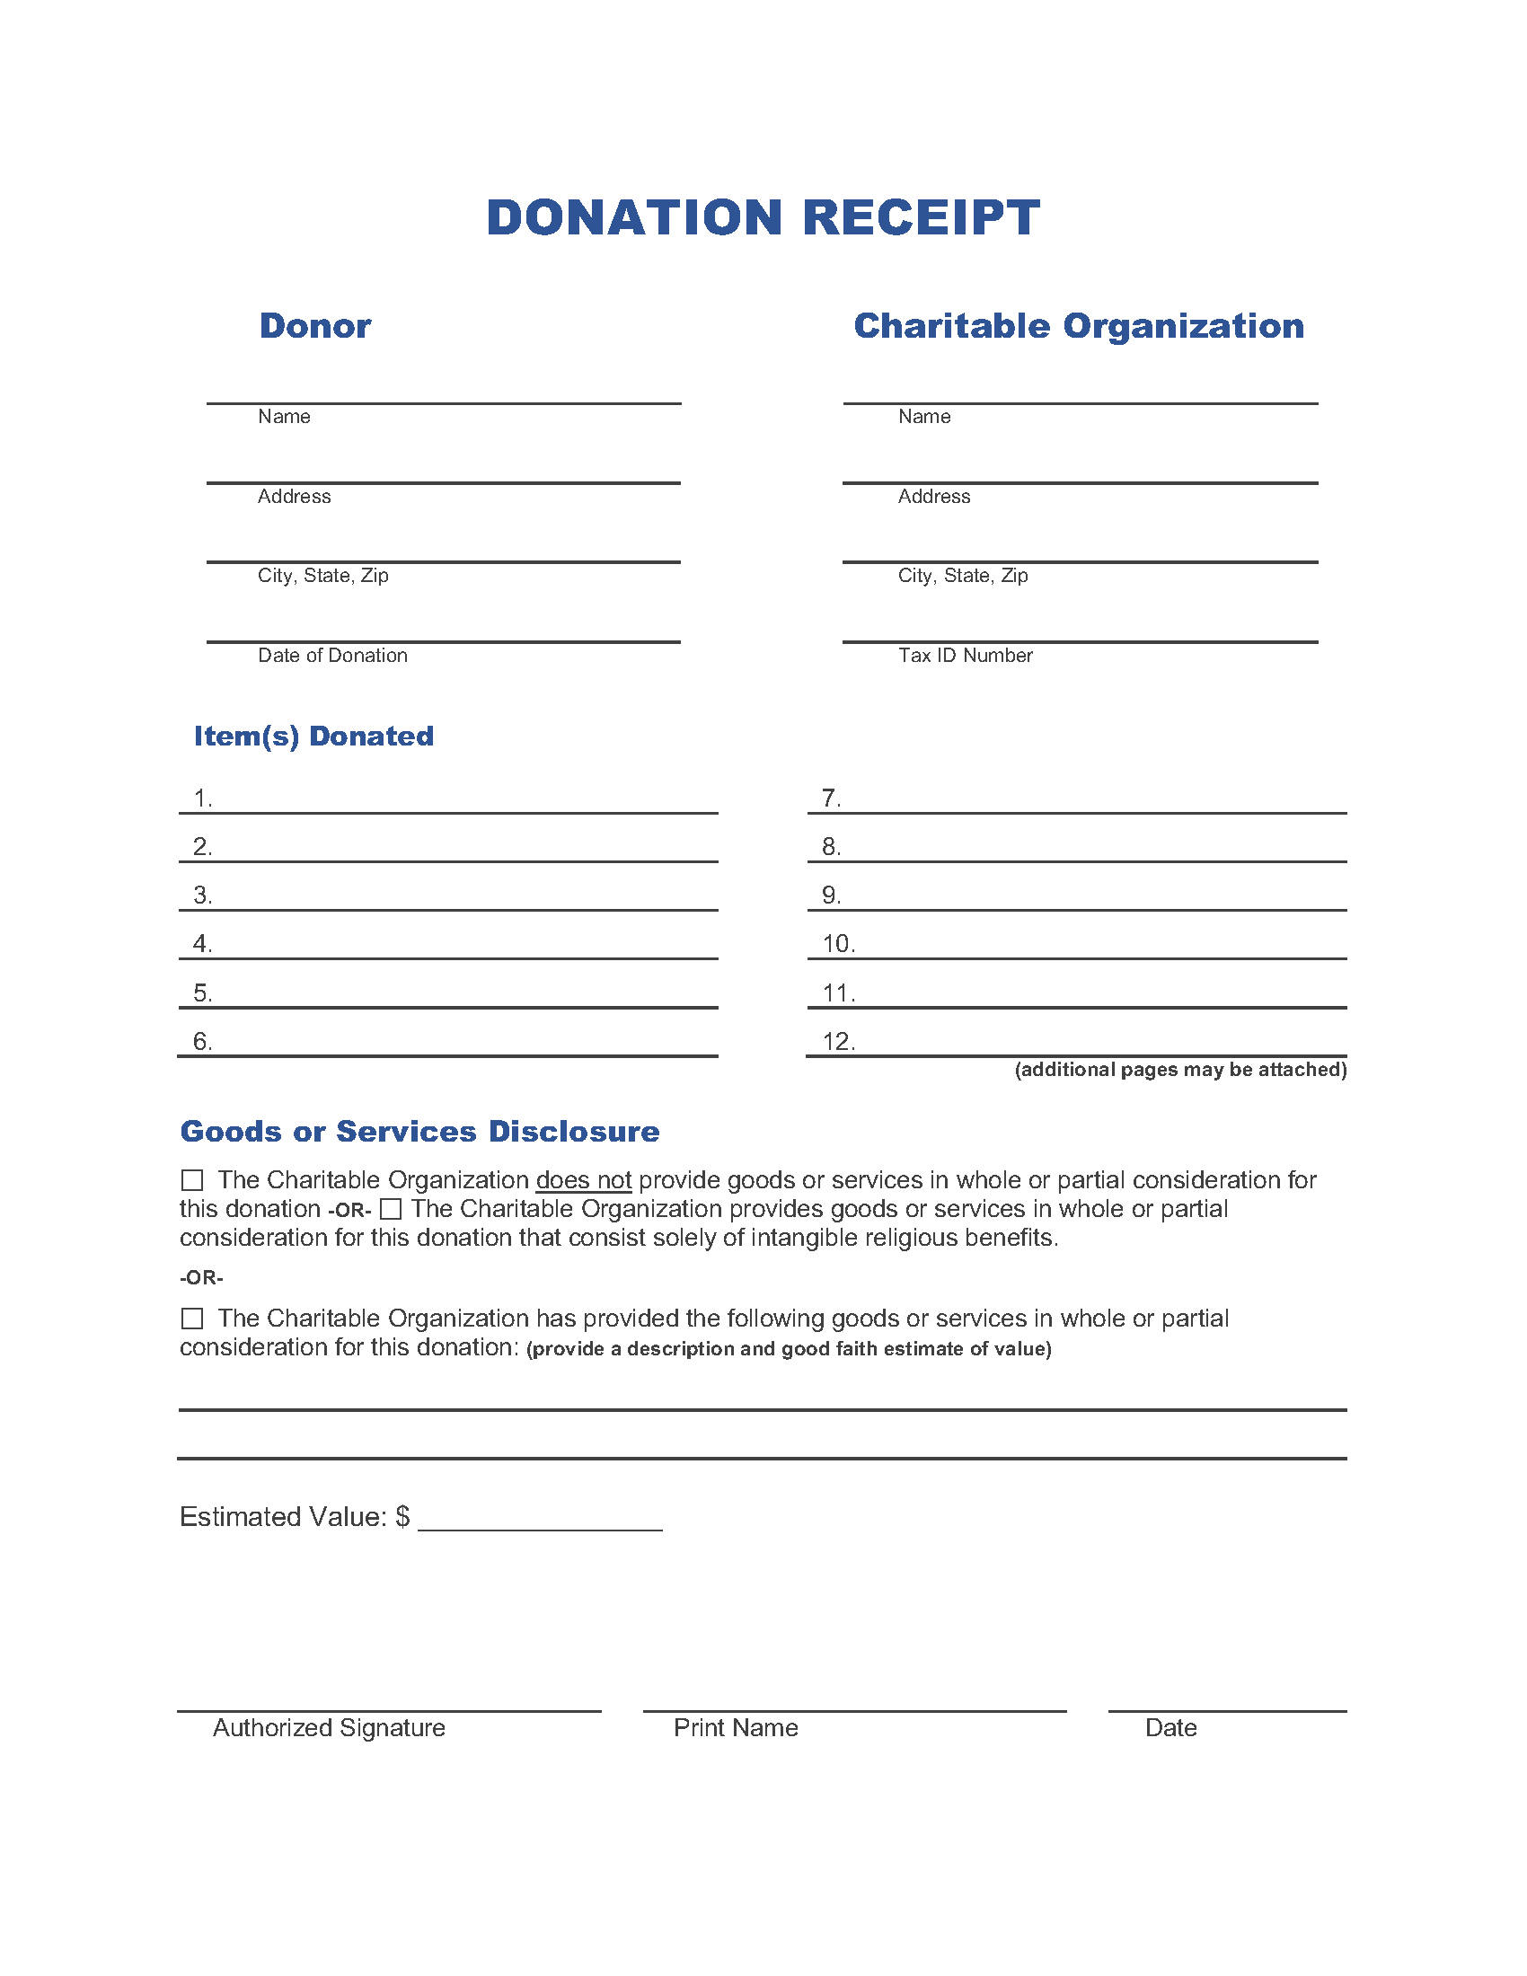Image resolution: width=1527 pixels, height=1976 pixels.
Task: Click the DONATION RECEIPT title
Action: click(x=763, y=218)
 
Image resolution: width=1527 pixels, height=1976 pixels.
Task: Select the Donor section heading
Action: click(x=314, y=326)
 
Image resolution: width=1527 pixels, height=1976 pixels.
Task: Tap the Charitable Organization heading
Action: click(x=1078, y=326)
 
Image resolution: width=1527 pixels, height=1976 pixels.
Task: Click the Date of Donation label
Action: click(x=332, y=655)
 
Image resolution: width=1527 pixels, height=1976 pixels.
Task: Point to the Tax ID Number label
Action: click(x=965, y=655)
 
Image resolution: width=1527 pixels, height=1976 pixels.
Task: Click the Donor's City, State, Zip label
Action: click(x=323, y=576)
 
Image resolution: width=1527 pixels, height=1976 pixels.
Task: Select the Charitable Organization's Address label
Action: click(x=933, y=496)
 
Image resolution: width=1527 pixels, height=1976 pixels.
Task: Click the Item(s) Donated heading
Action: click(x=313, y=736)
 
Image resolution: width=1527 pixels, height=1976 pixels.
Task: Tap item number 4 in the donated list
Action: click(x=203, y=944)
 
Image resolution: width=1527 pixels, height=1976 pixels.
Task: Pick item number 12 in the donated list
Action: click(x=838, y=1041)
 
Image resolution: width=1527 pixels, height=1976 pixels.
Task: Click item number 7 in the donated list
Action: click(x=831, y=798)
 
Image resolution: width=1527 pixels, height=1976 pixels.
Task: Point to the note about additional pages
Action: click(x=1179, y=1070)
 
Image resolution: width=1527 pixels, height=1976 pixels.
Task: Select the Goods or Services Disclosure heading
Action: click(x=419, y=1131)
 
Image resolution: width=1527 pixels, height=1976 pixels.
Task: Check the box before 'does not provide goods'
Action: click(x=192, y=1180)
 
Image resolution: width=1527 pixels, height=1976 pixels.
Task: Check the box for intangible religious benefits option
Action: click(x=390, y=1209)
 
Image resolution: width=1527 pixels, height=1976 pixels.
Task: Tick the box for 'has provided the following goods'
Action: click(x=192, y=1319)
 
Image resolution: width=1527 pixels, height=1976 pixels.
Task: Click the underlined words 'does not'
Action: click(x=584, y=1180)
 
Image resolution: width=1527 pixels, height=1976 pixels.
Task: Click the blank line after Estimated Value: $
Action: click(x=540, y=1520)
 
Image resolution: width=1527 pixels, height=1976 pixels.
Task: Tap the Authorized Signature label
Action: click(x=329, y=1727)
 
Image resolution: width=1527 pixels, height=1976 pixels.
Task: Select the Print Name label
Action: click(x=736, y=1727)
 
